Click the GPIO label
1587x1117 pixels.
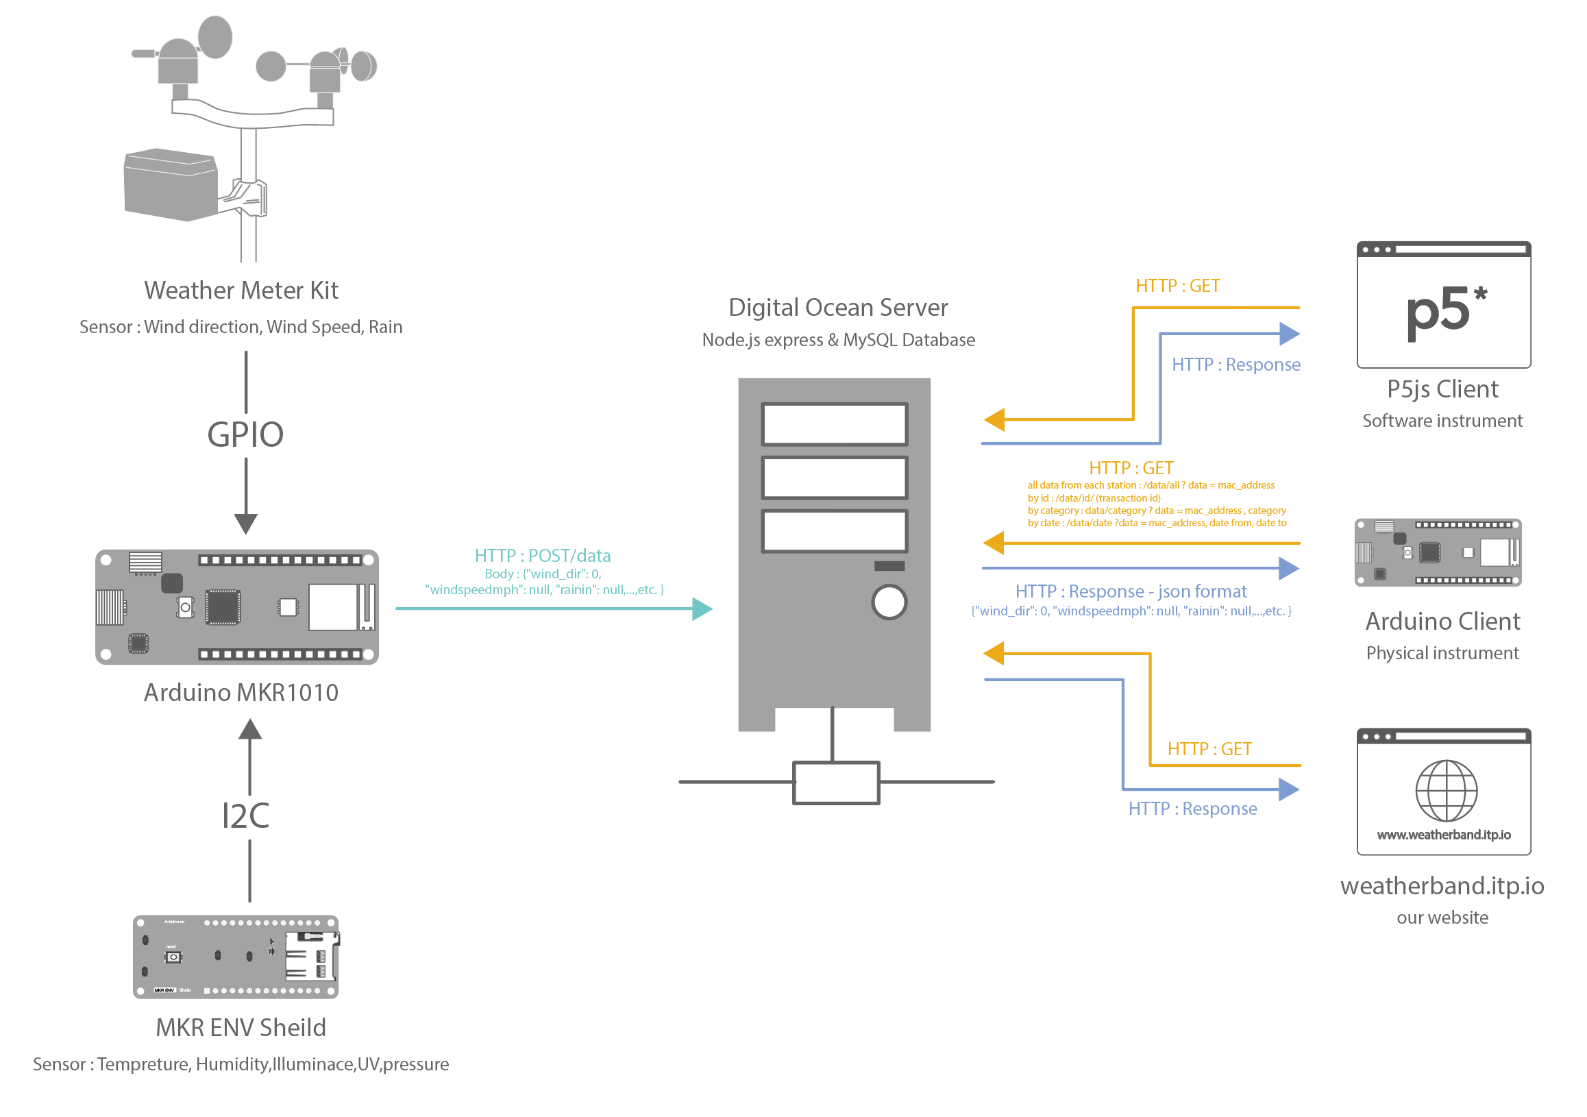[245, 434]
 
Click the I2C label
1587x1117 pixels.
[245, 816]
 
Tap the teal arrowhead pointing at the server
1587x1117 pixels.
[703, 609]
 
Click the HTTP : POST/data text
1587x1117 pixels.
[543, 556]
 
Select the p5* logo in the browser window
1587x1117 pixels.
[1444, 312]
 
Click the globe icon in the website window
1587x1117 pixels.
[1446, 791]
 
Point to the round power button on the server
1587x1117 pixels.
[889, 602]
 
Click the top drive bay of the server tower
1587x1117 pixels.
[835, 424]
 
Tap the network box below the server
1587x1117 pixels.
[836, 783]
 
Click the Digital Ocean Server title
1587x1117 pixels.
[838, 308]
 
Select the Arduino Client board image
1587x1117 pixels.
[1438, 552]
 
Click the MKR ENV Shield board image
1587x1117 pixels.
[236, 957]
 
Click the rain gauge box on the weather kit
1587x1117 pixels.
[169, 184]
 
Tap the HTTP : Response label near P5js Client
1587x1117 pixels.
[1236, 365]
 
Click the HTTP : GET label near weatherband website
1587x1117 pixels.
[1209, 749]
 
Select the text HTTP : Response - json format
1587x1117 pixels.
[1131, 591]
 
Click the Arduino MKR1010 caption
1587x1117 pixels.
[241, 693]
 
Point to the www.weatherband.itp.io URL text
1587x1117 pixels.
[1443, 835]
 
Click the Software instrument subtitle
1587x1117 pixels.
[1442, 421]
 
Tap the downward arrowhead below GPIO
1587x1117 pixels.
[245, 524]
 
